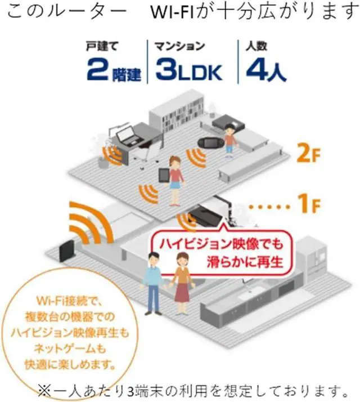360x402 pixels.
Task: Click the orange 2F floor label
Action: pos(308,153)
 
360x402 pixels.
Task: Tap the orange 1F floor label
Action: pos(309,204)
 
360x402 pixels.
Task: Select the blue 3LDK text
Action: pos(189,69)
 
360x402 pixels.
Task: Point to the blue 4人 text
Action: pos(265,69)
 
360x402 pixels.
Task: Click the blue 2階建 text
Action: pos(114,69)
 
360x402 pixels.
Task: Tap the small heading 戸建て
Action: pos(102,46)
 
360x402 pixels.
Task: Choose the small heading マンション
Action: pos(179,46)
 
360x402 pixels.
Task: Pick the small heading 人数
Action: pos(256,46)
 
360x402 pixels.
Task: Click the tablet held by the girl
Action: pos(164,175)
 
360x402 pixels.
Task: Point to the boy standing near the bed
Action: pos(230,139)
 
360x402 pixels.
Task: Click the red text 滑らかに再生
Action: pos(245,262)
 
